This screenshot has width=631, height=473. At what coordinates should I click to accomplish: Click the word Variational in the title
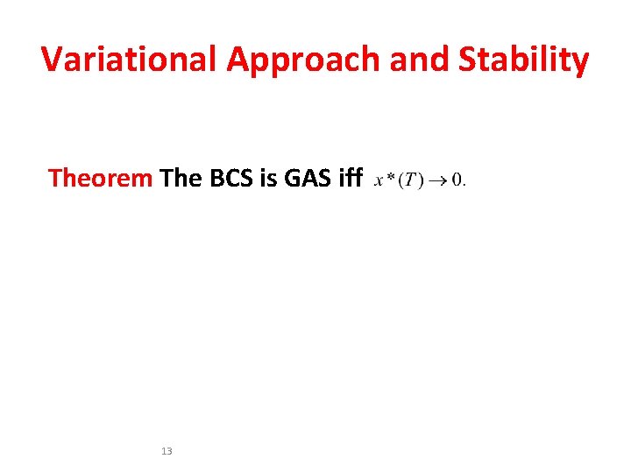point(130,60)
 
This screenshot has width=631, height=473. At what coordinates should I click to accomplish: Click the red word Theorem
point(101,179)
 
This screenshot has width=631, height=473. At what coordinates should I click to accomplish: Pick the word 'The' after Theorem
point(181,179)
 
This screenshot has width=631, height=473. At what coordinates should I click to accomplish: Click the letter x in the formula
point(379,182)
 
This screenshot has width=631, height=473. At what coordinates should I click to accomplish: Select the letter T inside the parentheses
point(409,181)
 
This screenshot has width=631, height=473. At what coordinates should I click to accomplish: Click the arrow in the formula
point(437,181)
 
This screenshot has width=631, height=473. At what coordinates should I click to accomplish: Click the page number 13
point(167,451)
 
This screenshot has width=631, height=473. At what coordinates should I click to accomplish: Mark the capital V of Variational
point(53,60)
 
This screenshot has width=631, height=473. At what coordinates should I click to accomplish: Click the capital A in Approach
point(239,60)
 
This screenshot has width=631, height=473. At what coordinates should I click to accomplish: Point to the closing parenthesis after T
point(419,181)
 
